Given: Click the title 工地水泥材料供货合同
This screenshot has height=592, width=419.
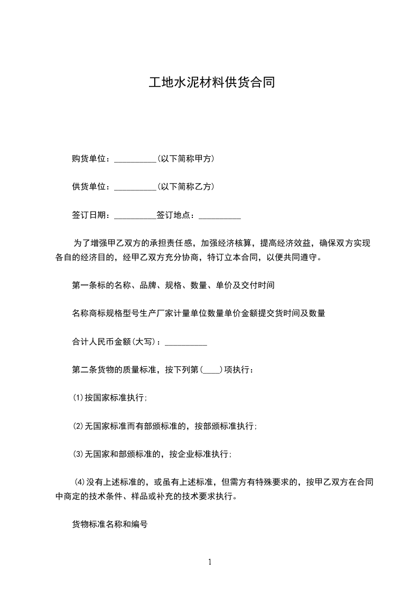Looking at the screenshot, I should click(211, 83).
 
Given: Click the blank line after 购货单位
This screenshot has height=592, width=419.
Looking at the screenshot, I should click(135, 159).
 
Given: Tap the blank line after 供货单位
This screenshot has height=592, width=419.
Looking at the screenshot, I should click(135, 187).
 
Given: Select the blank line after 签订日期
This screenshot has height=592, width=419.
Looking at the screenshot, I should click(135, 216).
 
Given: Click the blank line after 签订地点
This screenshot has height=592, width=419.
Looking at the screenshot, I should click(220, 216).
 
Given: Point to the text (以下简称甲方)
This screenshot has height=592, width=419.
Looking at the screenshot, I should click(185, 158).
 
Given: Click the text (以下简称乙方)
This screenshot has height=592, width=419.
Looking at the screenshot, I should click(185, 186).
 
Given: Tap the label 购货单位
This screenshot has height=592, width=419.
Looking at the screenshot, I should click(90, 158).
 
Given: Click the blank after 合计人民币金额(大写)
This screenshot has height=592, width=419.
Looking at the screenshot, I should click(186, 343).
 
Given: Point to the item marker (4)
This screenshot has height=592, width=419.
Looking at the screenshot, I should click(80, 482).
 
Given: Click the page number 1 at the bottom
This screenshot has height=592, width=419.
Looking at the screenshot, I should click(210, 562).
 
